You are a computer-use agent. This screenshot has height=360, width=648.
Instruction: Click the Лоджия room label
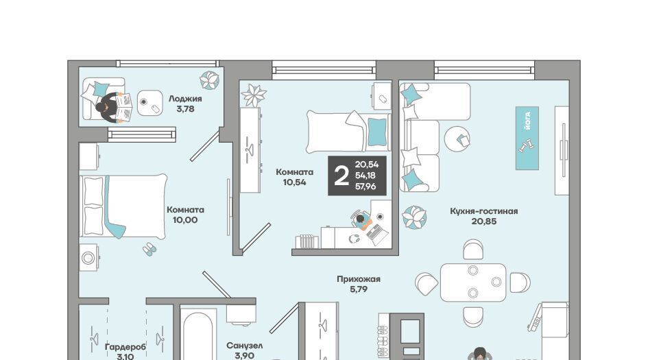coord(185,99)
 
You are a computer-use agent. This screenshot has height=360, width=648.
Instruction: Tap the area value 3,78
coord(185,109)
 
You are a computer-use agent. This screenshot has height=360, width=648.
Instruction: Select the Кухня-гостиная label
coord(484,211)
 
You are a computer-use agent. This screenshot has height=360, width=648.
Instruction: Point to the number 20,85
coord(484,221)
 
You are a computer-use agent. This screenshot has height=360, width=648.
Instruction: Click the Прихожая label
coord(359,279)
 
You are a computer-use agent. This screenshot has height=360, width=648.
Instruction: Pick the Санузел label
coord(245,346)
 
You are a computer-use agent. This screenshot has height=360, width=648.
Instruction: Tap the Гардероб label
coord(125,347)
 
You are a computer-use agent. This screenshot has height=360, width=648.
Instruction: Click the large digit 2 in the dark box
coord(341,176)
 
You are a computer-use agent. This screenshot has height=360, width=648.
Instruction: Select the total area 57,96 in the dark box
coord(365,187)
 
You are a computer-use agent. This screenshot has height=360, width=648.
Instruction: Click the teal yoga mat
coord(527,138)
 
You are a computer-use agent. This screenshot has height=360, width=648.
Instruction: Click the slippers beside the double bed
coord(149,249)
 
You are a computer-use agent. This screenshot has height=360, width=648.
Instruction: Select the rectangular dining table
coord(473,283)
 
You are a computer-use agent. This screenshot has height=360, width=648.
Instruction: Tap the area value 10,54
coord(295,182)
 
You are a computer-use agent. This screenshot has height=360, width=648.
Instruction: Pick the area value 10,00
coord(185,220)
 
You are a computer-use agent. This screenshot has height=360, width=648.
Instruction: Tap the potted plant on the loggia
coord(210,80)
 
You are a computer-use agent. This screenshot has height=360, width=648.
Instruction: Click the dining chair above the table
coord(473,250)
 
